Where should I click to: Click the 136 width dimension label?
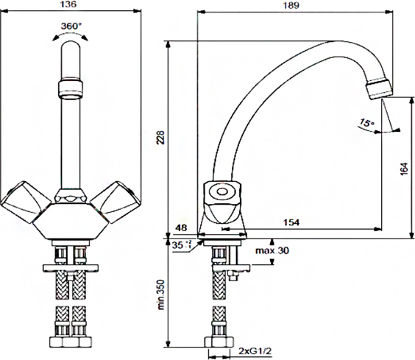[x=68, y=4]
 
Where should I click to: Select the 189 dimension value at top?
[x=291, y=5]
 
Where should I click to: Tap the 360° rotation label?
[x=71, y=26]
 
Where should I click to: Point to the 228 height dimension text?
[x=160, y=137]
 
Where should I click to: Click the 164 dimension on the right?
[x=404, y=169]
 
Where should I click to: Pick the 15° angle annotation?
[x=367, y=123]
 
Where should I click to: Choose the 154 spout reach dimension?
[x=291, y=222]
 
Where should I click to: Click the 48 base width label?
[x=181, y=227]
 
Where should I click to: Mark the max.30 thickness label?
[x=272, y=250]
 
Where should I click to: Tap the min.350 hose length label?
[x=161, y=294]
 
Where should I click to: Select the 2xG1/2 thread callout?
[x=255, y=351]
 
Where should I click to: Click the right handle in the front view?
[x=116, y=202]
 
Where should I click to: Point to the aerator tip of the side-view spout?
[x=378, y=88]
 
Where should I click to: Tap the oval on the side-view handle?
[x=221, y=191]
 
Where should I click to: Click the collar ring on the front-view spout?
[x=71, y=88]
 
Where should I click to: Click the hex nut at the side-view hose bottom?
[x=219, y=342]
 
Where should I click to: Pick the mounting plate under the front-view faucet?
[x=71, y=268]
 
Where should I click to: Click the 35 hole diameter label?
[x=177, y=244]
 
